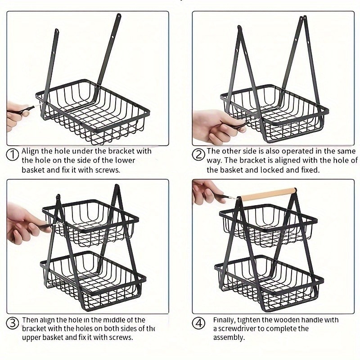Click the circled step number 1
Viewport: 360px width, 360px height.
click(13, 154)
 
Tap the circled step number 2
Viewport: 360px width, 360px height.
click(198, 154)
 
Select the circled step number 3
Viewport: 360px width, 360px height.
click(13, 323)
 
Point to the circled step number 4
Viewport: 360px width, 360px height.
click(198, 323)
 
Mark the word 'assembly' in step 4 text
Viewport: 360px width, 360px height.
click(229, 337)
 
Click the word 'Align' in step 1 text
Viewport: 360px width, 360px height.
click(31, 151)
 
